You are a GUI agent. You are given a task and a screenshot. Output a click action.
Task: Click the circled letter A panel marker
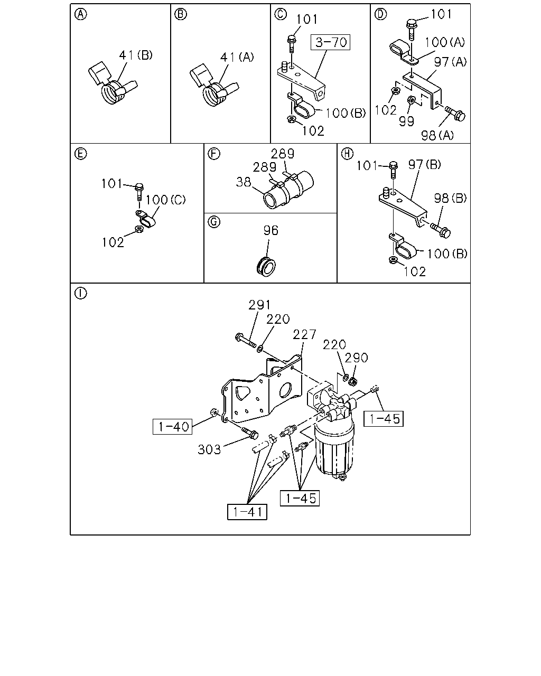coord(80,14)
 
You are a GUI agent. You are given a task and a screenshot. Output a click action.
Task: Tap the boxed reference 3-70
coord(330,42)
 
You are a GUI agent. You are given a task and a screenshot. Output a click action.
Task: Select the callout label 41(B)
coord(136,55)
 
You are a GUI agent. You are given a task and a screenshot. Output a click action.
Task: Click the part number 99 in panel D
coord(406,121)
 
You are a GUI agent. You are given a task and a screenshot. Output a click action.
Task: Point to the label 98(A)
coord(437,135)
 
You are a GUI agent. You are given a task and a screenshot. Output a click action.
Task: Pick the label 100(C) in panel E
coord(166,200)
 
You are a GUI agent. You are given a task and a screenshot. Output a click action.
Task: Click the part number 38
coord(244,182)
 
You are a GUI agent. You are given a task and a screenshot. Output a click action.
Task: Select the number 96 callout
coord(271,230)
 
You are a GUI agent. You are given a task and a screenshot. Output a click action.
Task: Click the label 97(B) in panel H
coord(424,164)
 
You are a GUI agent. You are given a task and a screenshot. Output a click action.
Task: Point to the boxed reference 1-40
coord(173,427)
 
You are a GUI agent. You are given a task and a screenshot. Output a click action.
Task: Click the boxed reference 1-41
coord(247,512)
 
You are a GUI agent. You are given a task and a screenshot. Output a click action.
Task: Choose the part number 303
coord(209,449)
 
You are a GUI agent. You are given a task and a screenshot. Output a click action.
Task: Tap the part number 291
coord(259,305)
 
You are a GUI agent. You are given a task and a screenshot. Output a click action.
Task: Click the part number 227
coord(304,334)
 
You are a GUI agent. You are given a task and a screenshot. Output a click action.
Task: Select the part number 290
coord(356,358)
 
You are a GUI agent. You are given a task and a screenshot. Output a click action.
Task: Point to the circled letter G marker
coord(214,222)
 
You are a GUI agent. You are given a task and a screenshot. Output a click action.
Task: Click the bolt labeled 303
coord(250,433)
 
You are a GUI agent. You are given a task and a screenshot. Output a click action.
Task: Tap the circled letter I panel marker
coord(80,294)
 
